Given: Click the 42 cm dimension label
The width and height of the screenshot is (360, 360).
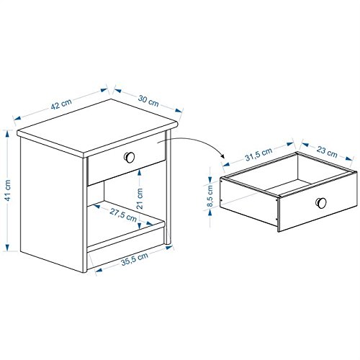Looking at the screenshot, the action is [x=61, y=104].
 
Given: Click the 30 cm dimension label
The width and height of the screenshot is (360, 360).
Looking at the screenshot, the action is [x=148, y=101].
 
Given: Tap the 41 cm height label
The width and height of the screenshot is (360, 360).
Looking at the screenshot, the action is [x=8, y=190].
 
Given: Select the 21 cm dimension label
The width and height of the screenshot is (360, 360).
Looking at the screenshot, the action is [x=140, y=198].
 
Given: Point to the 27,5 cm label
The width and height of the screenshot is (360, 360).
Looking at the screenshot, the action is [x=123, y=215].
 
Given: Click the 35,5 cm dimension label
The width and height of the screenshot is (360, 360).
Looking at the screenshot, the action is [x=135, y=258].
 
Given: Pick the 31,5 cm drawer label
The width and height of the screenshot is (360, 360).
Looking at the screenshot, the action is [x=258, y=154].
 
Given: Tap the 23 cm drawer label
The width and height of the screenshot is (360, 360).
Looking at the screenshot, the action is [x=327, y=152].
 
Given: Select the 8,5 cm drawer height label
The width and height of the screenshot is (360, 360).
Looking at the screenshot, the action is [x=210, y=196].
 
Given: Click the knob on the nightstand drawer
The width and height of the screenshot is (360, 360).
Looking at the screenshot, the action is [x=130, y=157].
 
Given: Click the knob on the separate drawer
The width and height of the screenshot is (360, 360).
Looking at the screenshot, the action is [x=321, y=203].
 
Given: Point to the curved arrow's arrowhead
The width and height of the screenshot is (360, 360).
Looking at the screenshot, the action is [x=222, y=156].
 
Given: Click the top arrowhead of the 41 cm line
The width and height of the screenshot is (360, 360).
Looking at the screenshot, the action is [x=8, y=133].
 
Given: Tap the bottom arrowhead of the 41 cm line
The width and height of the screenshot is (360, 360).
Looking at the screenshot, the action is [x=8, y=248].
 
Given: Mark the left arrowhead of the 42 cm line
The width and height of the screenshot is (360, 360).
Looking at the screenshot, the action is [x=17, y=118].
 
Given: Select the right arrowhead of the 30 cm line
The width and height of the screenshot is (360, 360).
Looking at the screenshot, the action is [x=179, y=111].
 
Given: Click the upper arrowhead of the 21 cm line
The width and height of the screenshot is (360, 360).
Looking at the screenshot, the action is [x=140, y=172].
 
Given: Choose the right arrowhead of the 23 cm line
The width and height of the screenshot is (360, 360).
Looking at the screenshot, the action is [x=349, y=158].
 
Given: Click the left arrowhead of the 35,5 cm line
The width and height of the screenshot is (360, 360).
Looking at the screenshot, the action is [x=99, y=270].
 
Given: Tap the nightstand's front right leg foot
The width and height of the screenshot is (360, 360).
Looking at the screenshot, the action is [x=168, y=243].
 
